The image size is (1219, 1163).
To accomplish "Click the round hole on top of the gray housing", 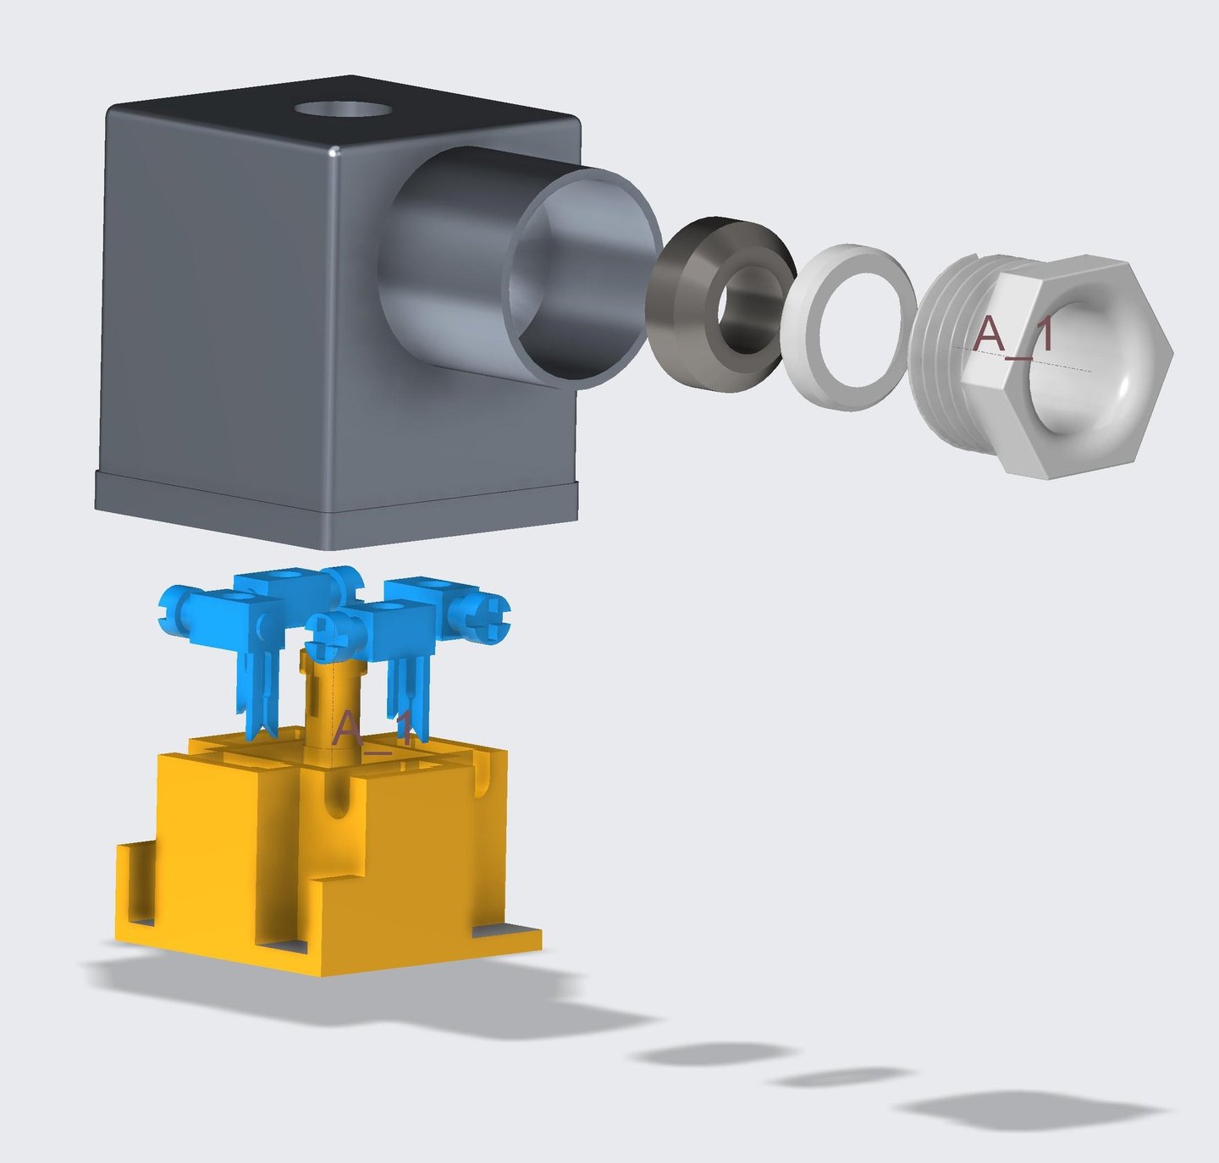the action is click(343, 109).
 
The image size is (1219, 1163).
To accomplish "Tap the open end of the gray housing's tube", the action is click(583, 278).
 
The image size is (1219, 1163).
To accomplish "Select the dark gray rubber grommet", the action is click(720, 304).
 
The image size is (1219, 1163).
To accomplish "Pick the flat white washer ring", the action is click(848, 328).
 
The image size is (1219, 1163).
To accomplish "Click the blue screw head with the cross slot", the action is click(487, 617).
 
